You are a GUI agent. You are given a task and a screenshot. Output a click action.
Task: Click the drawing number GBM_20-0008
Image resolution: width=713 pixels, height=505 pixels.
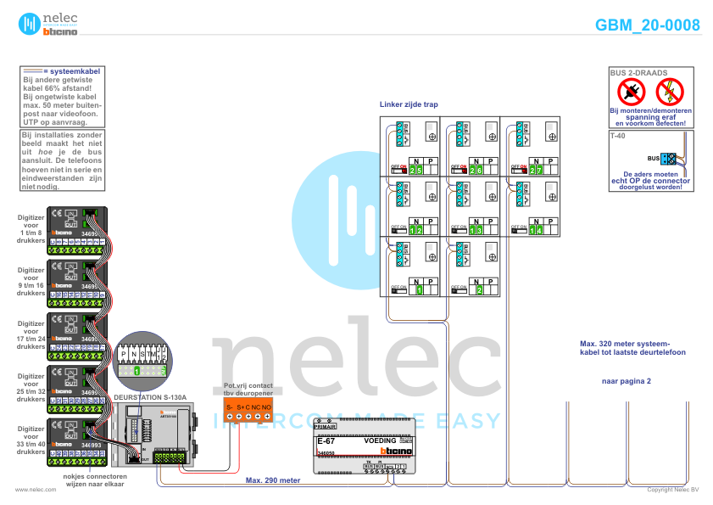click(x=648, y=25)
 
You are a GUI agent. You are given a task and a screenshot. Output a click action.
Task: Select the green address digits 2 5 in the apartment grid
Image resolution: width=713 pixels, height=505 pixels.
click(x=415, y=171)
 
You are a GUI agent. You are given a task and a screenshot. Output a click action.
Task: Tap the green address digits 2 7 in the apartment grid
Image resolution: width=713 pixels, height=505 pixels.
click(x=536, y=171)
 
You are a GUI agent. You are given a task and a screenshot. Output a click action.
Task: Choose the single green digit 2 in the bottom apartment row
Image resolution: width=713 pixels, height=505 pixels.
click(x=479, y=290)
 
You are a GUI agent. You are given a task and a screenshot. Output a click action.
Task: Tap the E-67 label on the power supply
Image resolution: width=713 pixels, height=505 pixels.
click(x=326, y=441)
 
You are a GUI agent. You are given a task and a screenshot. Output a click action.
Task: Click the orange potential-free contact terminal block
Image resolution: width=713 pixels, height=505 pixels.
click(x=248, y=412)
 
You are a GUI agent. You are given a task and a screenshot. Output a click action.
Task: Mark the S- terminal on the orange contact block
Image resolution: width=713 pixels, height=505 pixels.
click(x=229, y=408)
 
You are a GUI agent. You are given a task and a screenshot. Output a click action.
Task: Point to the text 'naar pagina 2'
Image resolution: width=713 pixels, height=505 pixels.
click(x=626, y=381)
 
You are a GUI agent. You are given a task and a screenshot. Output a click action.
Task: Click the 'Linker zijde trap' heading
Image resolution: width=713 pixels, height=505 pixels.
click(x=409, y=104)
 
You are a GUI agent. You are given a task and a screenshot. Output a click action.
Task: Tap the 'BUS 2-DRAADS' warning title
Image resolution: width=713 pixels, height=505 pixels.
click(x=639, y=74)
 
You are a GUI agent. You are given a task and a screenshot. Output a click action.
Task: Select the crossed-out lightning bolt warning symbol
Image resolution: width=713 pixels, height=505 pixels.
click(x=670, y=91)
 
